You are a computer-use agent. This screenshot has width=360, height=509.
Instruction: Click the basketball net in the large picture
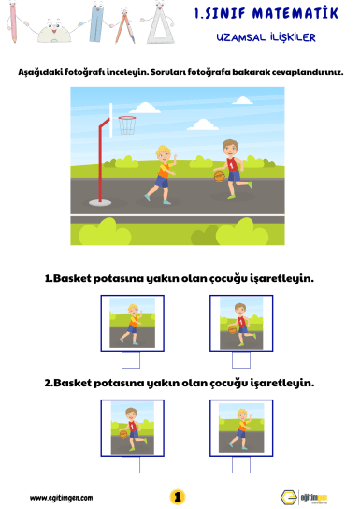(127, 125)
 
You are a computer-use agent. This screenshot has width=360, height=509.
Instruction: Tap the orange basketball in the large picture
(220, 176)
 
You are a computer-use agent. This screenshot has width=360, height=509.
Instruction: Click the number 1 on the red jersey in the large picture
(231, 167)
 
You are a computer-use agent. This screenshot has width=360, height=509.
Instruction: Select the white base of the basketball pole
(100, 203)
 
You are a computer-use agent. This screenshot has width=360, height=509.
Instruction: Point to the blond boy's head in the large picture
(163, 153)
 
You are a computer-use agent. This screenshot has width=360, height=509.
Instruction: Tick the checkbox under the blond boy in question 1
(131, 360)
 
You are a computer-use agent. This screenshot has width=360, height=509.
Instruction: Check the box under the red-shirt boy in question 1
(241, 360)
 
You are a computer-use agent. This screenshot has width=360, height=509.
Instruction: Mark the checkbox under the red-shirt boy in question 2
(131, 465)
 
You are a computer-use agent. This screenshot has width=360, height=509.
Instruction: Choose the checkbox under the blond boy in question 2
(241, 465)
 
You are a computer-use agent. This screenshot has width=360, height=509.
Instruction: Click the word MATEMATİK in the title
(295, 14)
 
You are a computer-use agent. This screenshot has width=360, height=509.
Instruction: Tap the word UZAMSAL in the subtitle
(240, 37)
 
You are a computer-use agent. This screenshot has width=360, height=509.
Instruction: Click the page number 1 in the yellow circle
(178, 497)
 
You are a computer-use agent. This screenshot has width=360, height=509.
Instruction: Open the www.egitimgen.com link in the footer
(62, 498)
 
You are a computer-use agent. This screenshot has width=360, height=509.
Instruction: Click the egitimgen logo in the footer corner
(304, 498)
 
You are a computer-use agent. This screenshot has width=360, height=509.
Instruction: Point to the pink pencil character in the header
(13, 22)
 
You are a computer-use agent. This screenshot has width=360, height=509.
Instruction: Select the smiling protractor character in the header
(54, 32)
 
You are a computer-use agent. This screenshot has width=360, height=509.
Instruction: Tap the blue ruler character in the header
(96, 22)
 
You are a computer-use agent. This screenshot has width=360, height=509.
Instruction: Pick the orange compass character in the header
(125, 26)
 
